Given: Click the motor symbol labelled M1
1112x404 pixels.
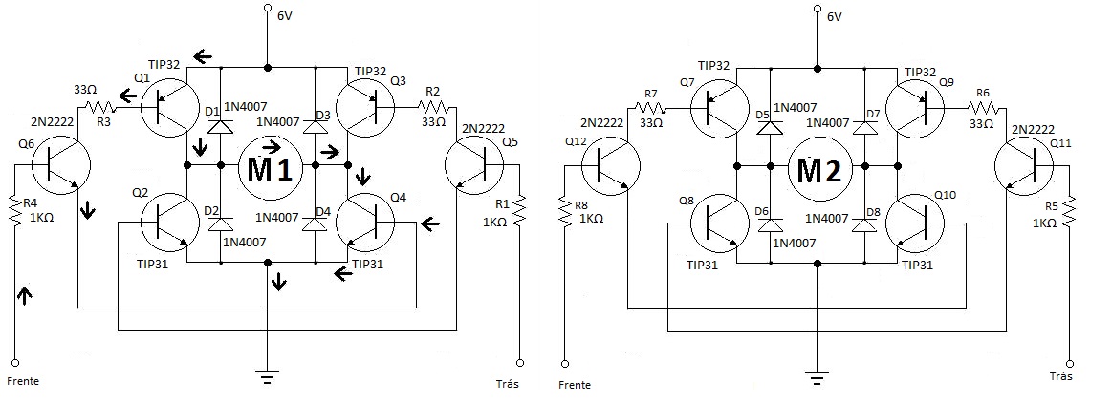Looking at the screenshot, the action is (x=271, y=169).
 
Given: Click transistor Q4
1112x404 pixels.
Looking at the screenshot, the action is (x=364, y=222).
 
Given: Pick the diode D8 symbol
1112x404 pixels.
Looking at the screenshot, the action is (x=865, y=224).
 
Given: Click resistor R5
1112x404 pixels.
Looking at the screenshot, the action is (x=1069, y=210).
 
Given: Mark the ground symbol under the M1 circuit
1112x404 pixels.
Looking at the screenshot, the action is (x=267, y=375).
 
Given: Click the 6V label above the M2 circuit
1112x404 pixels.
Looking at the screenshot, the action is (x=834, y=16).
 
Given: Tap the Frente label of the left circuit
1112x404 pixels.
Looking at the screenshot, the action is (x=23, y=381).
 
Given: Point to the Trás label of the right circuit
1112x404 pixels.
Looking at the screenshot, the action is (x=1061, y=376).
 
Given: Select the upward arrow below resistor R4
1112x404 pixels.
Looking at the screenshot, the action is (x=26, y=295).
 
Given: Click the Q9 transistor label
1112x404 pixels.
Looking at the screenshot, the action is (x=947, y=83).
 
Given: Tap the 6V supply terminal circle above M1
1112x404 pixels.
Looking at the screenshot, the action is (x=267, y=9).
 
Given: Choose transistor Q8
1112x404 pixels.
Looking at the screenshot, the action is (x=719, y=223).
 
